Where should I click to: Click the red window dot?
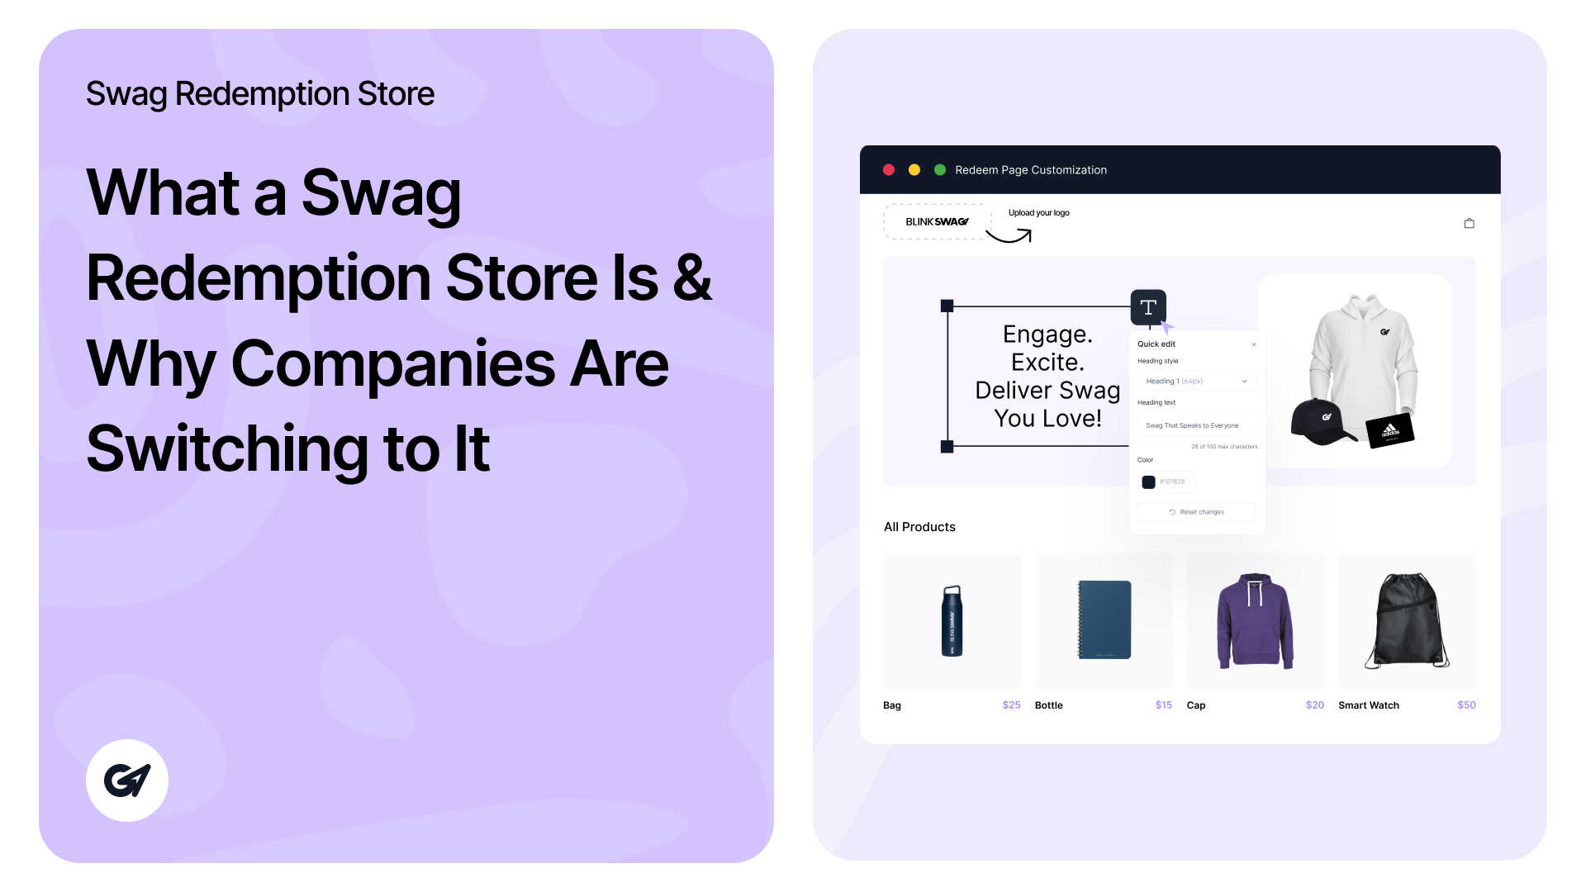coord(889,170)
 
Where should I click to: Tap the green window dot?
coord(939,170)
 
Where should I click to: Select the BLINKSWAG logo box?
coord(937,222)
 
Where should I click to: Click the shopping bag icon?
coord(1469,223)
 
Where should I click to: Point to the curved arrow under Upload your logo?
coord(1009,236)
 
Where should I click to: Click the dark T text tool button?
coord(1148,307)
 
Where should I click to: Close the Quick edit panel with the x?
coord(1254,344)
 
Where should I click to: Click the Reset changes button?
coord(1196,512)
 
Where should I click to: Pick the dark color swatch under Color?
coord(1148,482)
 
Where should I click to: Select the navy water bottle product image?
coord(952,621)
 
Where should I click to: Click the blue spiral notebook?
coord(1104,619)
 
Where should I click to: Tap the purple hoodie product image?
coord(1255,621)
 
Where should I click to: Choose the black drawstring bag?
coord(1407,621)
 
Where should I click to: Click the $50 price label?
coord(1466,705)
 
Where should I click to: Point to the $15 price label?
coord(1163,705)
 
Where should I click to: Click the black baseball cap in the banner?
coord(1322,422)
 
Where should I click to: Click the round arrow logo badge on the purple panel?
coord(127,780)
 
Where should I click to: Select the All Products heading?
coord(919,527)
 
